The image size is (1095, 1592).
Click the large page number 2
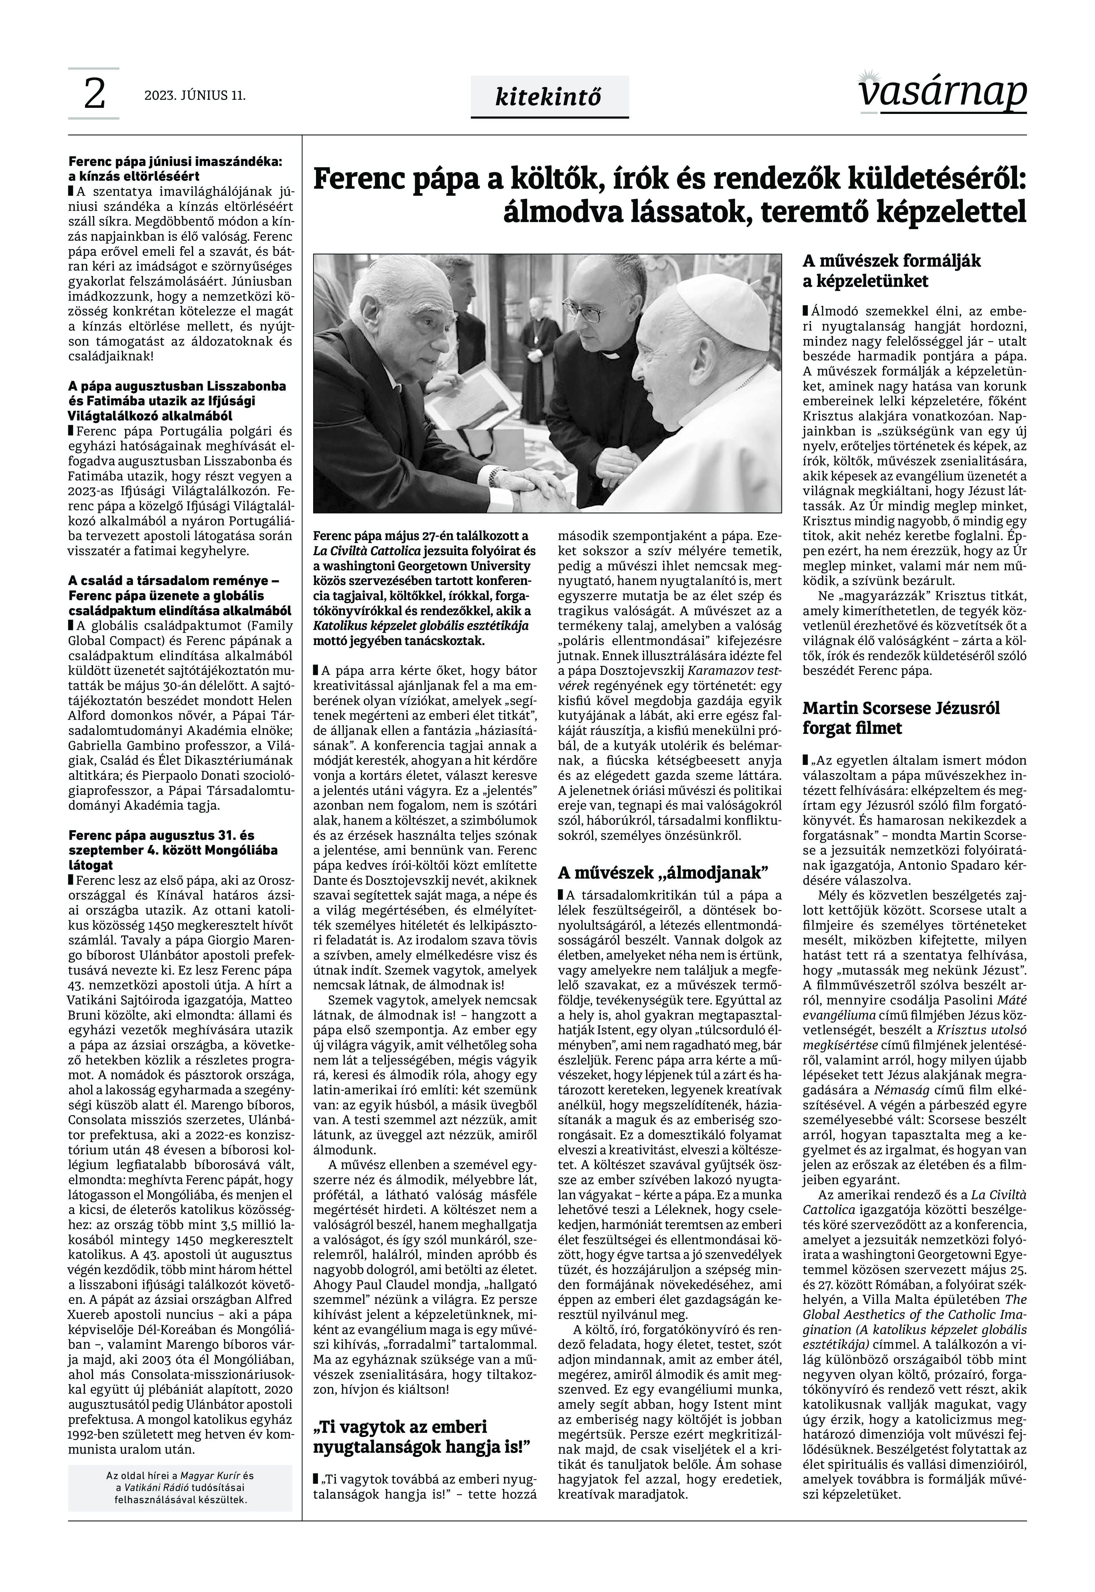tap(94, 95)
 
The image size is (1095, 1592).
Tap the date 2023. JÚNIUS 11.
tap(195, 95)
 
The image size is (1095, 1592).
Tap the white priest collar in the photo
tap(611, 356)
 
